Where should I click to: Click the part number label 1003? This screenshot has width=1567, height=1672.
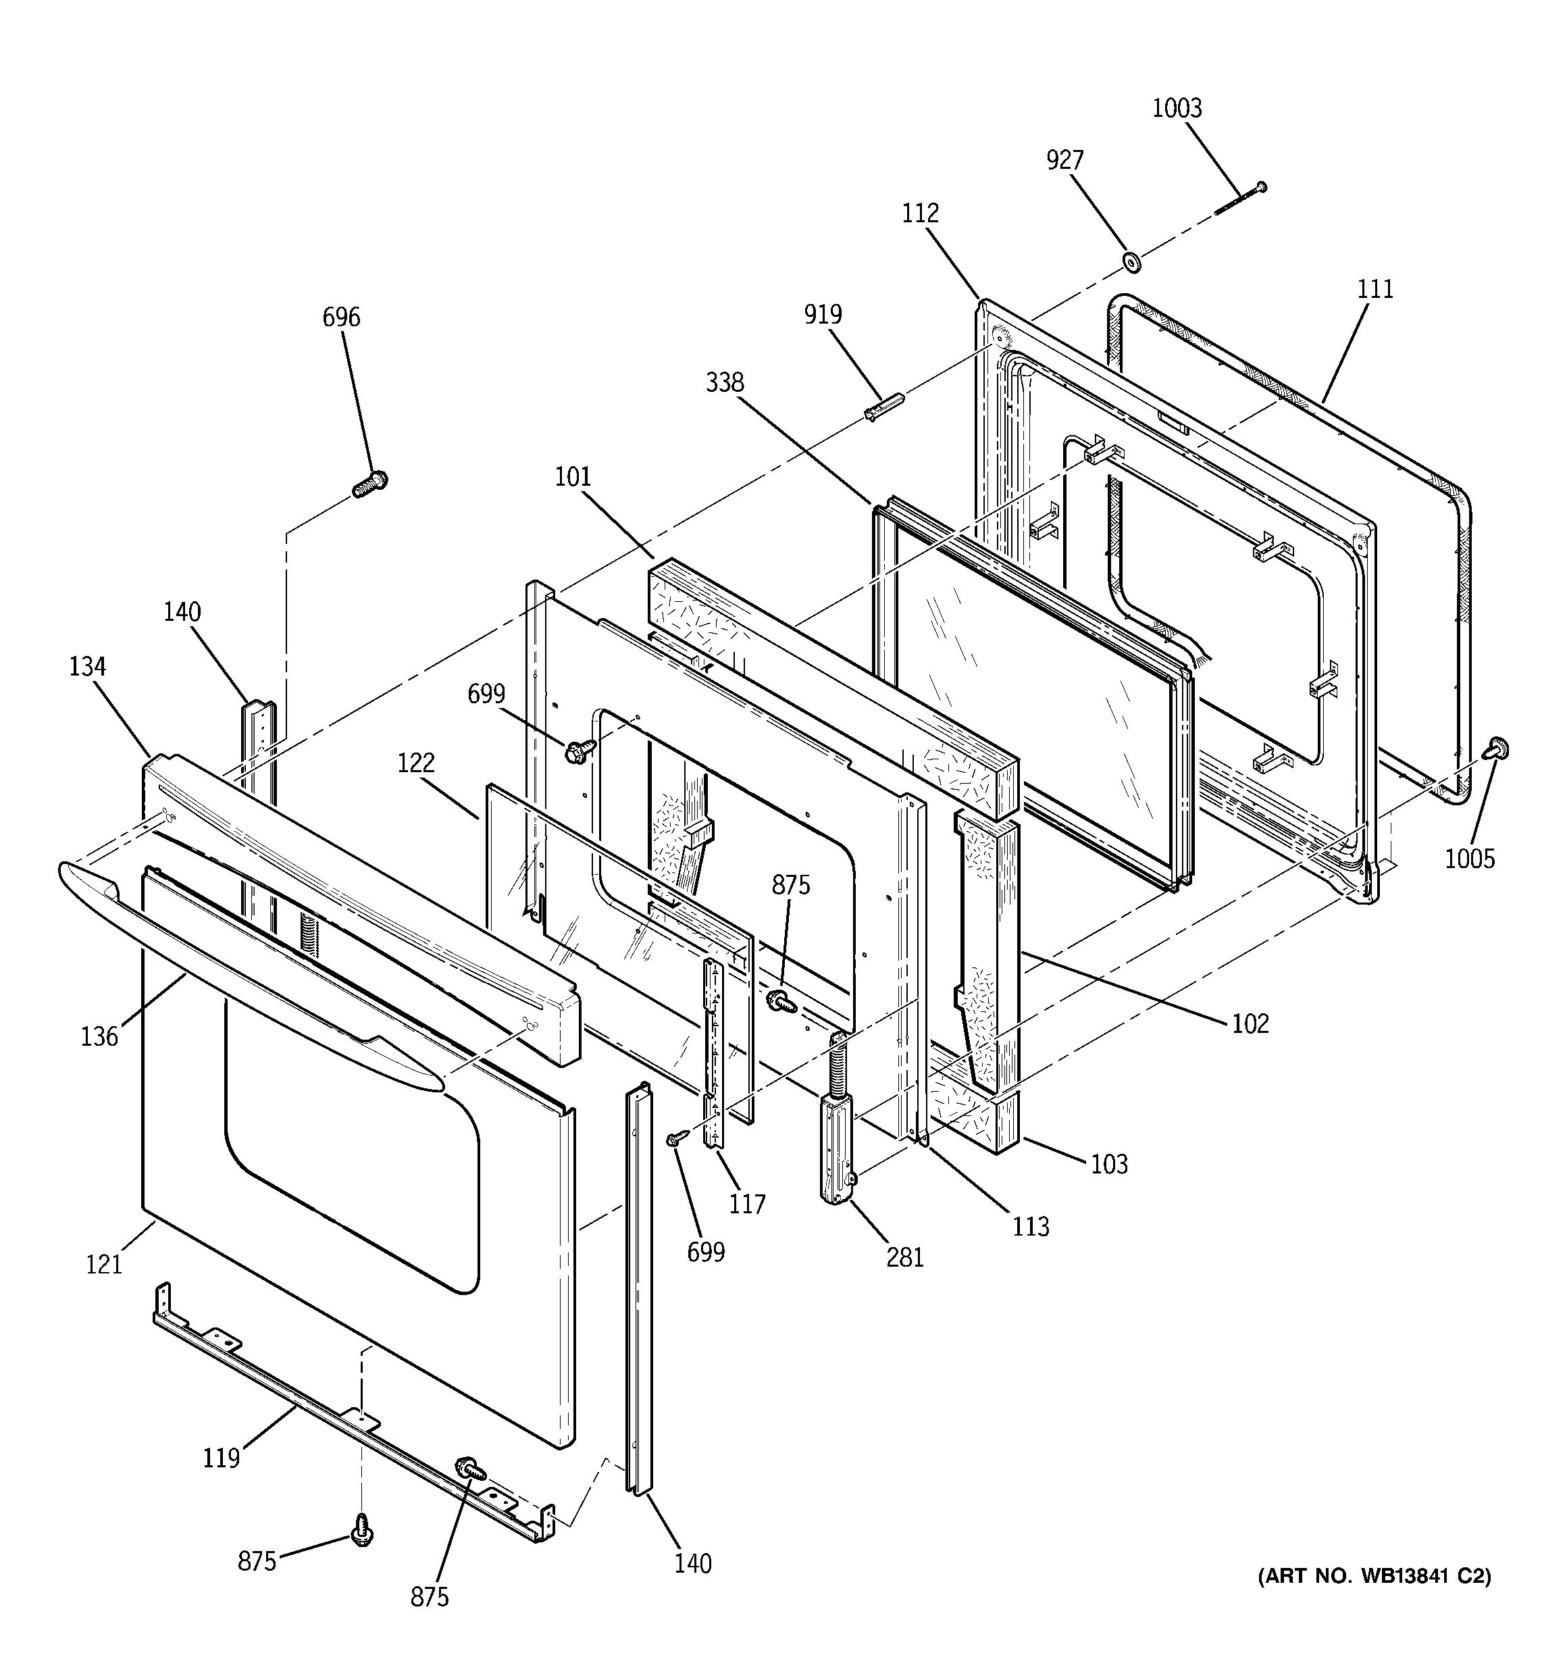tap(1177, 109)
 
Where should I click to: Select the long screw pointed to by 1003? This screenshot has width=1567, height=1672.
tap(1241, 199)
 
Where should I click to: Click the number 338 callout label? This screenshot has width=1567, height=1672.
tap(724, 382)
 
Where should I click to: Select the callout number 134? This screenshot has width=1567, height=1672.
tap(88, 667)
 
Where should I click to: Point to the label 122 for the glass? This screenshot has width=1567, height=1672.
tap(415, 763)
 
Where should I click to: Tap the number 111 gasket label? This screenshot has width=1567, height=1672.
tap(1375, 289)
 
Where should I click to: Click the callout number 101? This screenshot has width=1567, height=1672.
tap(573, 477)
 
